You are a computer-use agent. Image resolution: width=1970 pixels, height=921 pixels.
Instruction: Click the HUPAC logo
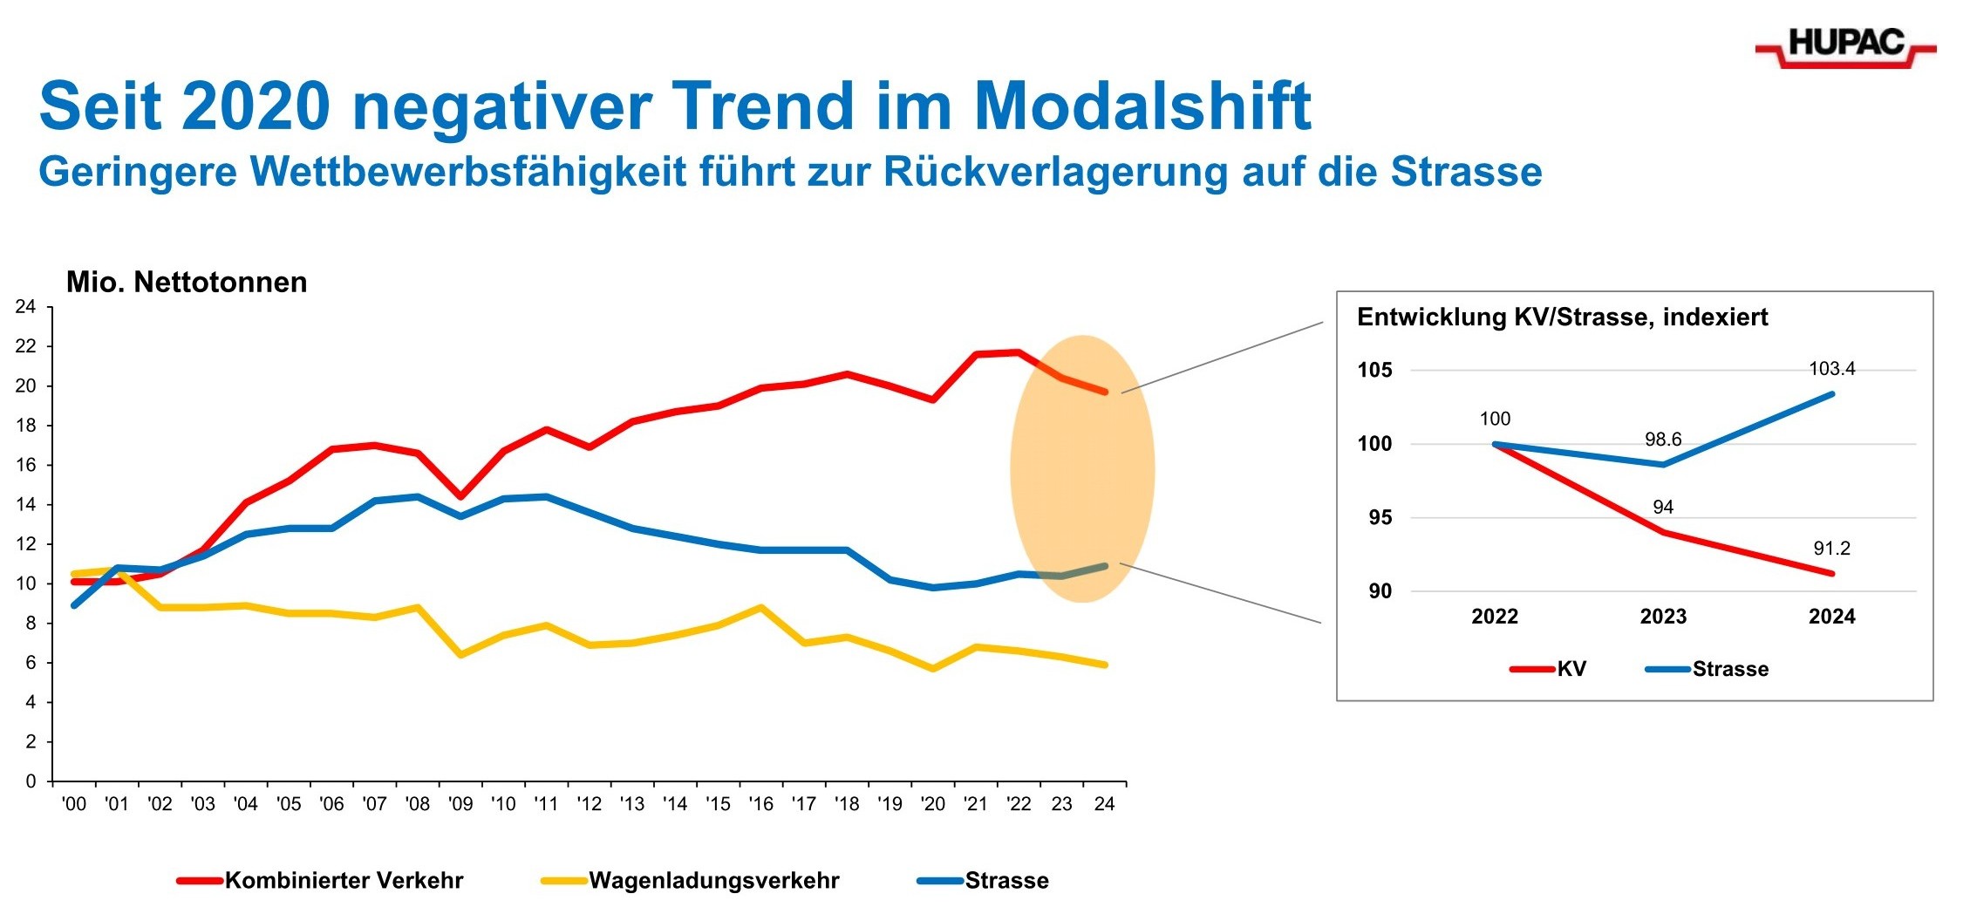tap(1845, 45)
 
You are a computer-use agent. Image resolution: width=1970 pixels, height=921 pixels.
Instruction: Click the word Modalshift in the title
tap(1142, 106)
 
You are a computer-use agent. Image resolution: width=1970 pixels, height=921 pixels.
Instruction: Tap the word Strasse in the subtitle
tap(1466, 172)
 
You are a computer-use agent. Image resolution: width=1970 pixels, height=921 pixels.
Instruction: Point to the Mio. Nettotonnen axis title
tap(187, 283)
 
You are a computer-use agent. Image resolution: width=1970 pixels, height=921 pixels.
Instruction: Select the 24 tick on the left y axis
tap(26, 307)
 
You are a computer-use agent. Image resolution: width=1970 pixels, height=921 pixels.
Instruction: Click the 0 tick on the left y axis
tap(31, 781)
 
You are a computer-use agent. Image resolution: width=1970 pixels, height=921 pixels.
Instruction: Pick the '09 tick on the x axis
tap(460, 804)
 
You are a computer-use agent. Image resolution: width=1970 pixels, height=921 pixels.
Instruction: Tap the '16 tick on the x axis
tap(760, 804)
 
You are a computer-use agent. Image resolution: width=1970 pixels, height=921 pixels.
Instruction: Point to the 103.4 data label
tap(1831, 369)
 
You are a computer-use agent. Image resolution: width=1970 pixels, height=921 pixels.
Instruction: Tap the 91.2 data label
tap(1831, 549)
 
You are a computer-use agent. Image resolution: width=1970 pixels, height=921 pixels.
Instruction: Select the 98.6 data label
tap(1663, 440)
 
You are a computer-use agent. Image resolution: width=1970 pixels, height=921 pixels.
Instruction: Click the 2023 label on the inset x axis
tap(1663, 617)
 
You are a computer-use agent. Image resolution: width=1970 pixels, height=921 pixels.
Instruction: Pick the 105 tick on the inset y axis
tap(1374, 370)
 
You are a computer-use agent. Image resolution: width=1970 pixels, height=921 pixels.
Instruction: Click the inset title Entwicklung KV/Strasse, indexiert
tap(1562, 317)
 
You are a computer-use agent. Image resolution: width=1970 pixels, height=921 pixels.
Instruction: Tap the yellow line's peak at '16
tap(761, 607)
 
